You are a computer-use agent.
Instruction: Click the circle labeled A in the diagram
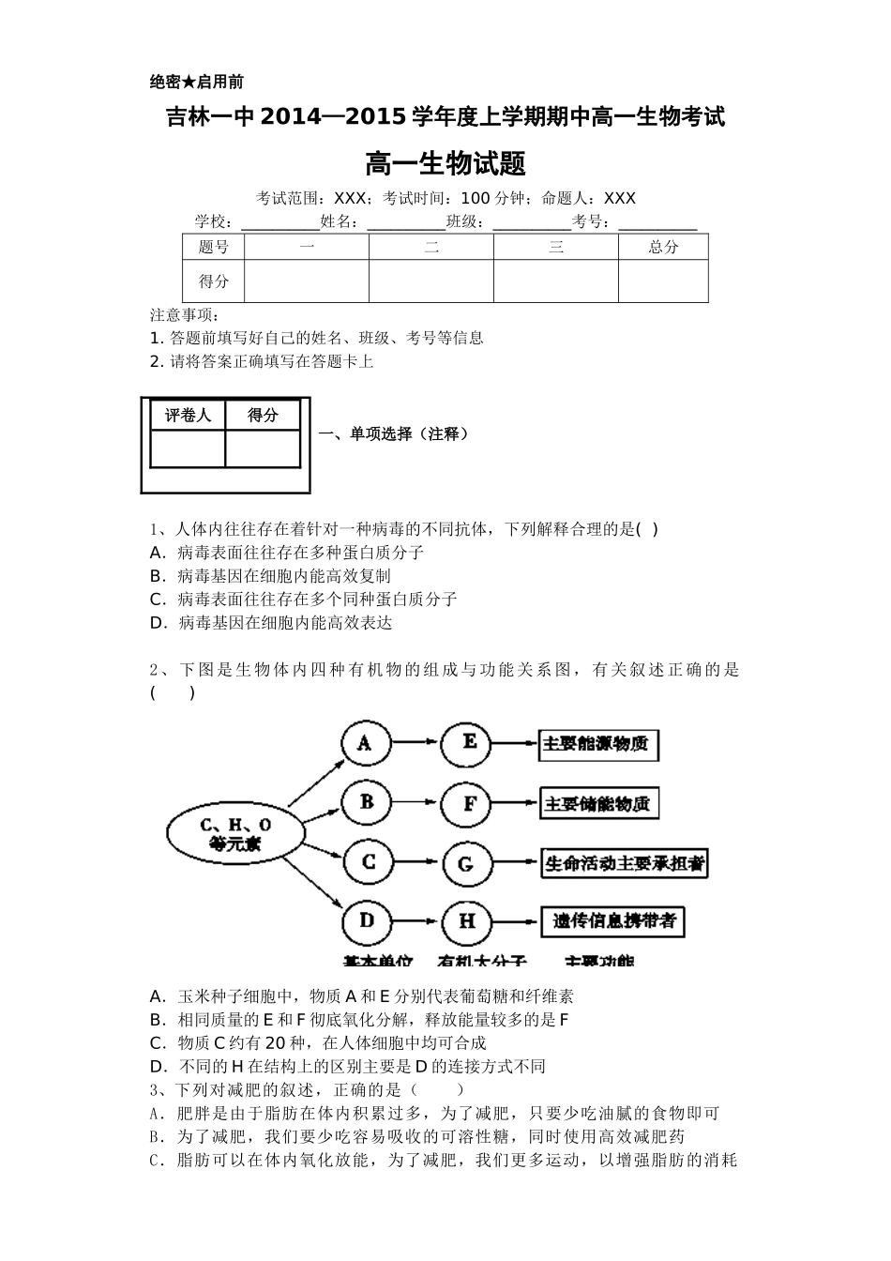point(366,744)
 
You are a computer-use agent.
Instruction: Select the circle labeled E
point(470,744)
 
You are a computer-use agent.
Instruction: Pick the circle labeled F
point(470,804)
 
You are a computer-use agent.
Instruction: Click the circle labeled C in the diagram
point(368,862)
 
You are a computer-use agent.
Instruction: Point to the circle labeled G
point(466,863)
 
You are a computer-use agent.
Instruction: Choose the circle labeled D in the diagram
point(367,921)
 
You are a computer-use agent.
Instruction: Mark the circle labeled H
point(467,921)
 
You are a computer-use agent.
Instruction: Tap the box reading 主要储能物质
point(597,804)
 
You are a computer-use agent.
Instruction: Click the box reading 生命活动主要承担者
point(624,862)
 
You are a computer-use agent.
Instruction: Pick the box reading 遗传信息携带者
point(612,921)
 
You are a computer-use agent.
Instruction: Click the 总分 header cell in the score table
point(663,247)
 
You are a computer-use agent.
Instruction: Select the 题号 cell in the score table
point(214,247)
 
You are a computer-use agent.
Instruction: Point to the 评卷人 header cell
point(189,416)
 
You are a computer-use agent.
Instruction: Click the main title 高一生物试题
point(445,164)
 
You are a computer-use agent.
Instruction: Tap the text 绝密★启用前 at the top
point(197,83)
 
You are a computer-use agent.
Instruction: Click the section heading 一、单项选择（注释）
point(394,433)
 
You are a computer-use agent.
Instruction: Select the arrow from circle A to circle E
point(417,744)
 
